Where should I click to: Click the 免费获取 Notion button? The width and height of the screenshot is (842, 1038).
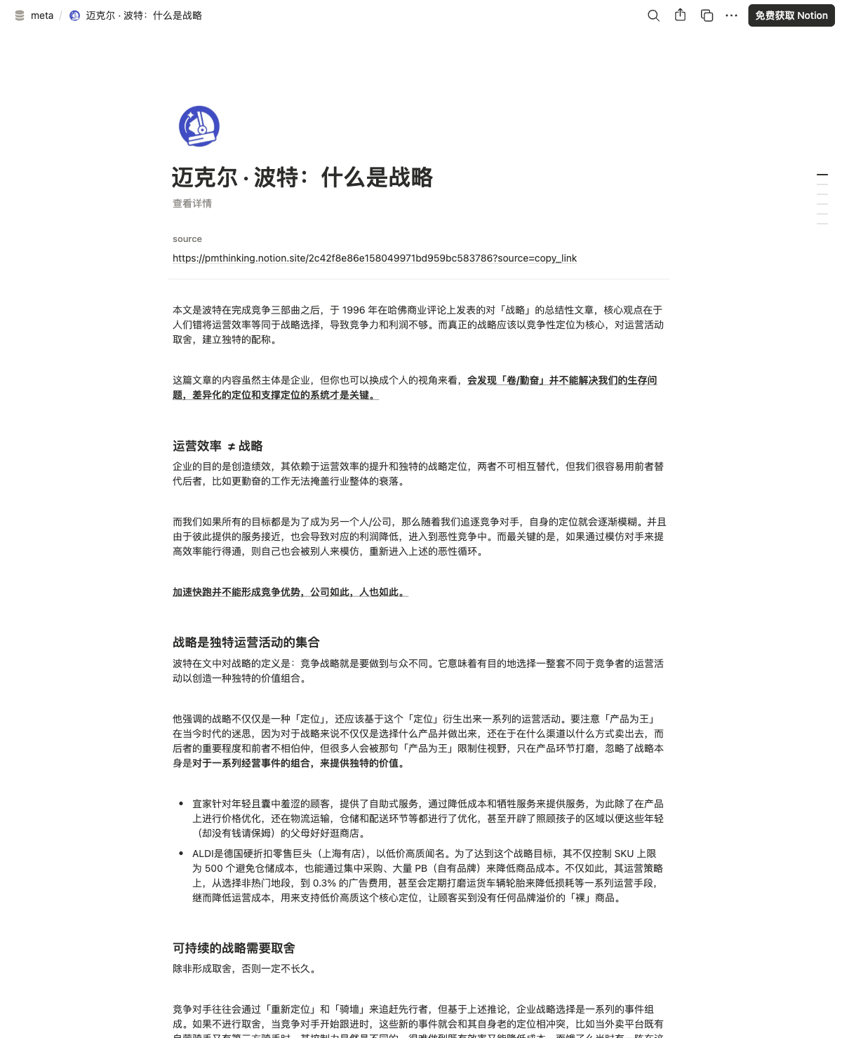coord(791,15)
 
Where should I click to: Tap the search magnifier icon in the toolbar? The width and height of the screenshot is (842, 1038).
coord(653,15)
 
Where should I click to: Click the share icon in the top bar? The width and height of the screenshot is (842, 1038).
coord(680,15)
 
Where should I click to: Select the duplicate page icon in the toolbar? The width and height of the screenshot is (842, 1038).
coord(707,15)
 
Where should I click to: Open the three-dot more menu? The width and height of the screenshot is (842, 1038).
coord(731,15)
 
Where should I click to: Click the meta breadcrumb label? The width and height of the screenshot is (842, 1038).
coord(42,15)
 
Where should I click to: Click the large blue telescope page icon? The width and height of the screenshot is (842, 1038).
coord(199,126)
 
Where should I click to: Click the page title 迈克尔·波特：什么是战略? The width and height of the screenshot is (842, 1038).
coord(302,177)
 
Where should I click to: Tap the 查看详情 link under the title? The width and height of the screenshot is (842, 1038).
coord(192,203)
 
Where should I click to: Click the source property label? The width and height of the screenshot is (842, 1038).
coord(187,239)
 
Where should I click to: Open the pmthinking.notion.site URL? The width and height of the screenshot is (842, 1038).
coord(375,258)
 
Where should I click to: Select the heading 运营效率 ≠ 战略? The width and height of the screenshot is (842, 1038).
coord(218,446)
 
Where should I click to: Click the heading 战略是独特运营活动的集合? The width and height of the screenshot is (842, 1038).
coord(246,642)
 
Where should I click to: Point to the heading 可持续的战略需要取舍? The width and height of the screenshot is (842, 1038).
coord(234,948)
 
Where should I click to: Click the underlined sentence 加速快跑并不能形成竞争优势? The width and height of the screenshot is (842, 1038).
coord(289,592)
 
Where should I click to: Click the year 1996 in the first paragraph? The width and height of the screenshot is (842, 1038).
coord(354,310)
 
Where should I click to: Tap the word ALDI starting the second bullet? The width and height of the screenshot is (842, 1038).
coord(203,854)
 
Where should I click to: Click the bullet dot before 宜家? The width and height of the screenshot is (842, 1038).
coord(181,804)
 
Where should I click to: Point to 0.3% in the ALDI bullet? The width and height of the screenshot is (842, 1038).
coord(324,883)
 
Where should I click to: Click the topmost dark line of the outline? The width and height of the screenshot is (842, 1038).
coord(822,174)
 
